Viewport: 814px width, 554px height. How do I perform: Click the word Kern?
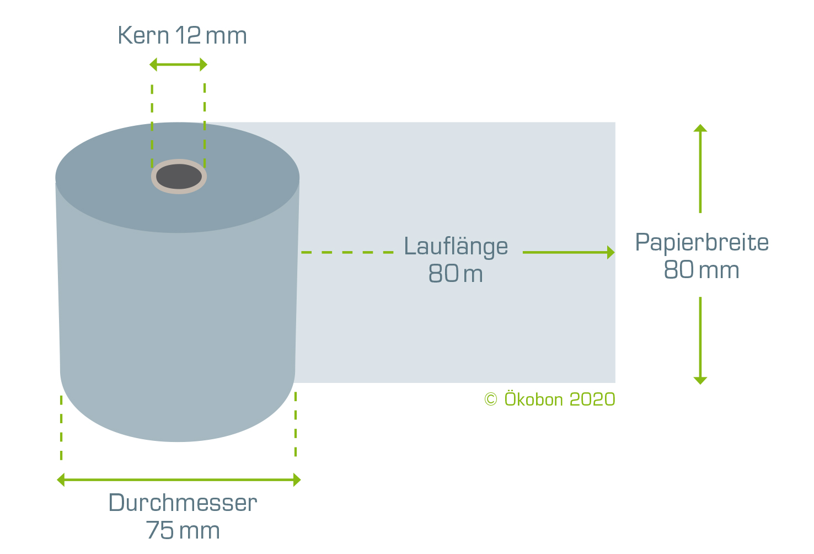[143, 35]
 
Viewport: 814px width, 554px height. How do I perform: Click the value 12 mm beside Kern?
[211, 35]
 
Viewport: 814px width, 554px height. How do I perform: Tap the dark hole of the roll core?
[179, 177]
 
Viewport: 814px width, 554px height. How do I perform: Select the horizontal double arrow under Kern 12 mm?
[179, 65]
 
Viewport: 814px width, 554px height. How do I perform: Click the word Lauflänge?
[456, 247]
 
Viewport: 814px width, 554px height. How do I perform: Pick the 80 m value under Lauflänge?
[456, 273]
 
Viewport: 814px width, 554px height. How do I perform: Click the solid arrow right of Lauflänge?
[569, 252]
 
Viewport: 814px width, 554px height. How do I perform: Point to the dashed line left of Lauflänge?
[347, 252]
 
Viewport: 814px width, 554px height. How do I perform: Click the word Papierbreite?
[701, 242]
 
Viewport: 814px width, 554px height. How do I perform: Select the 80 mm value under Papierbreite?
[701, 270]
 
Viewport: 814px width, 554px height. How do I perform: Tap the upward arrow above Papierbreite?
[700, 169]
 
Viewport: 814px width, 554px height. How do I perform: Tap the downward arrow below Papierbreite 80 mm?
[700, 340]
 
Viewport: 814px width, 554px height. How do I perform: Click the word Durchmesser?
[183, 503]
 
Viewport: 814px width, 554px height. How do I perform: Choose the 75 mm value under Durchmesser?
[183, 530]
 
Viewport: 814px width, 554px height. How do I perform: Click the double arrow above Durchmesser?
[179, 480]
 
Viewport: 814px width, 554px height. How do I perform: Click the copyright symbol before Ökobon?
[491, 399]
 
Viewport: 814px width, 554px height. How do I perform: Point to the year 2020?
[592, 399]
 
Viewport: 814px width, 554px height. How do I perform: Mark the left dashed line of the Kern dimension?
[152, 126]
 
